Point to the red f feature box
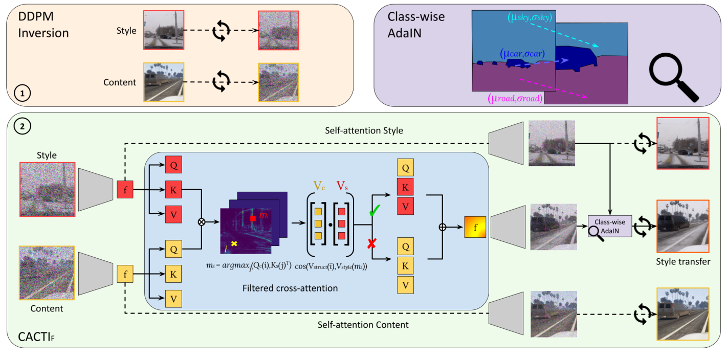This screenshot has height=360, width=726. pos(125,189)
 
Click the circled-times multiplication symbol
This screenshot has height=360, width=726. pos(202,222)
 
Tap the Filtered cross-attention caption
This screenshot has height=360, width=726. pos(290,288)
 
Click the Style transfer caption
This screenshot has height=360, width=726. pos(683,262)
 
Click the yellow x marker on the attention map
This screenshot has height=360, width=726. pos(234,243)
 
